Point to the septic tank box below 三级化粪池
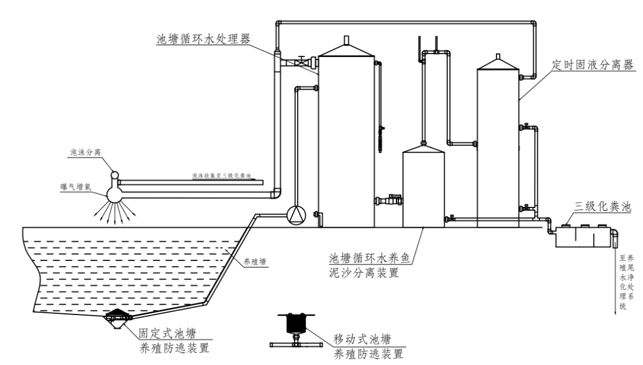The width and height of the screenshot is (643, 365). (583, 237)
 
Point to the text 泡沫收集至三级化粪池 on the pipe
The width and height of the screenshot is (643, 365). (221, 177)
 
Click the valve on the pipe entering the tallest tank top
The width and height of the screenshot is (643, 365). (303, 61)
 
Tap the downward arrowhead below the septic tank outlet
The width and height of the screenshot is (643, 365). (614, 310)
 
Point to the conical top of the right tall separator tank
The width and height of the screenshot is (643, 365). (498, 62)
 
